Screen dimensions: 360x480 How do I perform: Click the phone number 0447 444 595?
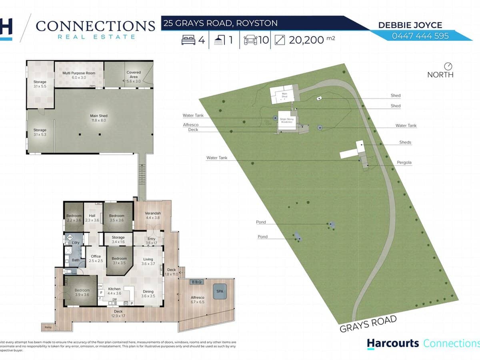(x=420, y=36)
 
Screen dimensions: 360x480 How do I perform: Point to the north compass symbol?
(x=448, y=66)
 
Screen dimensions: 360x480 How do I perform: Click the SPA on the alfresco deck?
(x=220, y=292)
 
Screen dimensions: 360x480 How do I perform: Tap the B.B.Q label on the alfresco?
(x=197, y=282)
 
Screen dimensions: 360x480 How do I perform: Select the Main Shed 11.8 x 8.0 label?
(x=99, y=118)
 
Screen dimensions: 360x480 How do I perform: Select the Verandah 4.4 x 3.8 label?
(x=153, y=216)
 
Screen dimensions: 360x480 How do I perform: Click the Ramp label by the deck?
(x=48, y=327)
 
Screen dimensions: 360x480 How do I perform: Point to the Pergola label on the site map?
(x=404, y=163)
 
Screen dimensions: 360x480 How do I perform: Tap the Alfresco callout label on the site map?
(x=191, y=125)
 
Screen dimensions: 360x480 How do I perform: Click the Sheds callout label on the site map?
(x=405, y=142)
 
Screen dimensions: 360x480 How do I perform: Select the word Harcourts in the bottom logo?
(x=393, y=343)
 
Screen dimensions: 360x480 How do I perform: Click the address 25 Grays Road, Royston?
(x=220, y=23)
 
